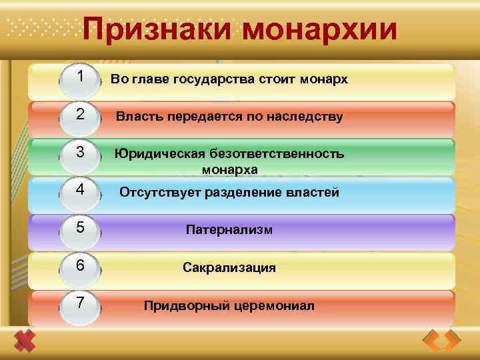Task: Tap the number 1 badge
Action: pyautogui.click(x=81, y=78)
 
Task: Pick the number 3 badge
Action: pyautogui.click(x=81, y=153)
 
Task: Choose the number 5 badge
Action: pyautogui.click(x=81, y=228)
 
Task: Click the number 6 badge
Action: pyautogui.click(x=81, y=265)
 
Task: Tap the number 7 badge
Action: pyautogui.click(x=81, y=303)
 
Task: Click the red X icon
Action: pyautogui.click(x=25, y=341)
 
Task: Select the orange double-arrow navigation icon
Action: pyautogui.click(x=442, y=341)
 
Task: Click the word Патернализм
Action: pyautogui.click(x=229, y=230)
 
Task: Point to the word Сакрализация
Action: pyautogui.click(x=229, y=268)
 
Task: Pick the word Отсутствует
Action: pyautogui.click(x=157, y=193)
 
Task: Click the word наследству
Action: pyautogui.click(x=307, y=117)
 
